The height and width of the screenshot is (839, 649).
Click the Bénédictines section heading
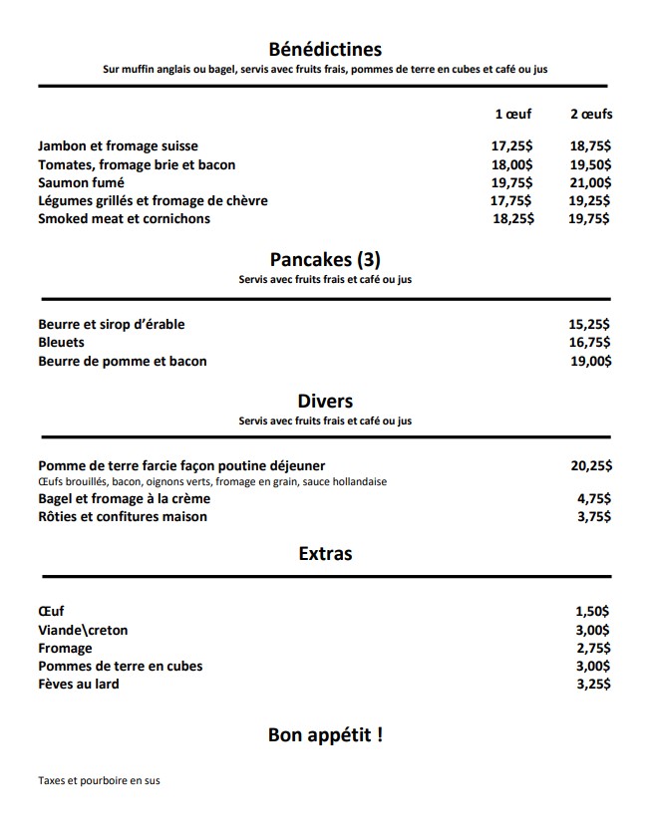point(325,49)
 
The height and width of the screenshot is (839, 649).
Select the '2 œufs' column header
point(591,115)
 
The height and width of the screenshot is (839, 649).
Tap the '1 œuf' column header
point(513,115)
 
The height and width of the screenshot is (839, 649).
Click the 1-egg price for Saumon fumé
point(512,182)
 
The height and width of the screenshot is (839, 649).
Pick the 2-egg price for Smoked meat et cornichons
point(589,219)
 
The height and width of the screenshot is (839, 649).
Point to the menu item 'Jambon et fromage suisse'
point(118,146)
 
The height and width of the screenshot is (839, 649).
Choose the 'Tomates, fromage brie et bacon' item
point(137,164)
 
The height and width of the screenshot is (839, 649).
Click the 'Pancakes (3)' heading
point(325,260)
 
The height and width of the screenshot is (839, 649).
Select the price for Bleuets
point(589,343)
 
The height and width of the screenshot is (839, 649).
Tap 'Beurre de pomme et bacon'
point(123,361)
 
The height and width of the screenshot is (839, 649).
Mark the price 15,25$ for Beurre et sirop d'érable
point(589,325)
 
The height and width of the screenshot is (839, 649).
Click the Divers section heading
point(325,402)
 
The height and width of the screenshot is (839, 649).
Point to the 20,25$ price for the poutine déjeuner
point(591,465)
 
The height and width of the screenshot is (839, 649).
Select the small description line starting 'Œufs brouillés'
point(212,482)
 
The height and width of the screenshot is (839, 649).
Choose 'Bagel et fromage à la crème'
point(125,499)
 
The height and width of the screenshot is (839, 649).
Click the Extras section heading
point(325,553)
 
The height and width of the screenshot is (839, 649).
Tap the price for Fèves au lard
point(593,685)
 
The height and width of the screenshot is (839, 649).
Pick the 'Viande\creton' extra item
point(83,630)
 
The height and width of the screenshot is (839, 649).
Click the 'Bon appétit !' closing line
point(325,736)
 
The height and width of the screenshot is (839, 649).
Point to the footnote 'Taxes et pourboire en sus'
point(99,781)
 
